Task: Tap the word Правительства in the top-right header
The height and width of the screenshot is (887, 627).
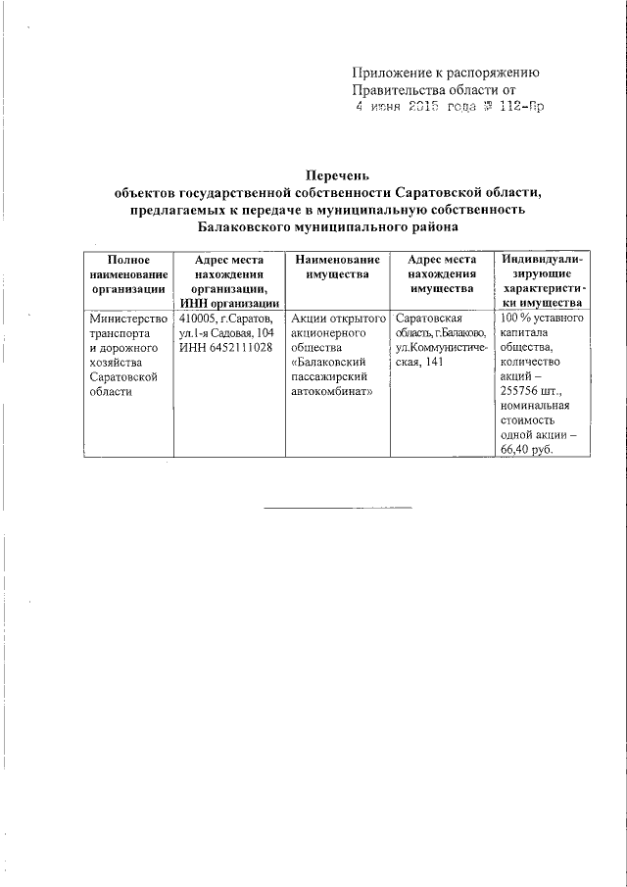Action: pyautogui.click(x=401, y=90)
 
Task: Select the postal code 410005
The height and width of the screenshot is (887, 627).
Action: pyautogui.click(x=199, y=319)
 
